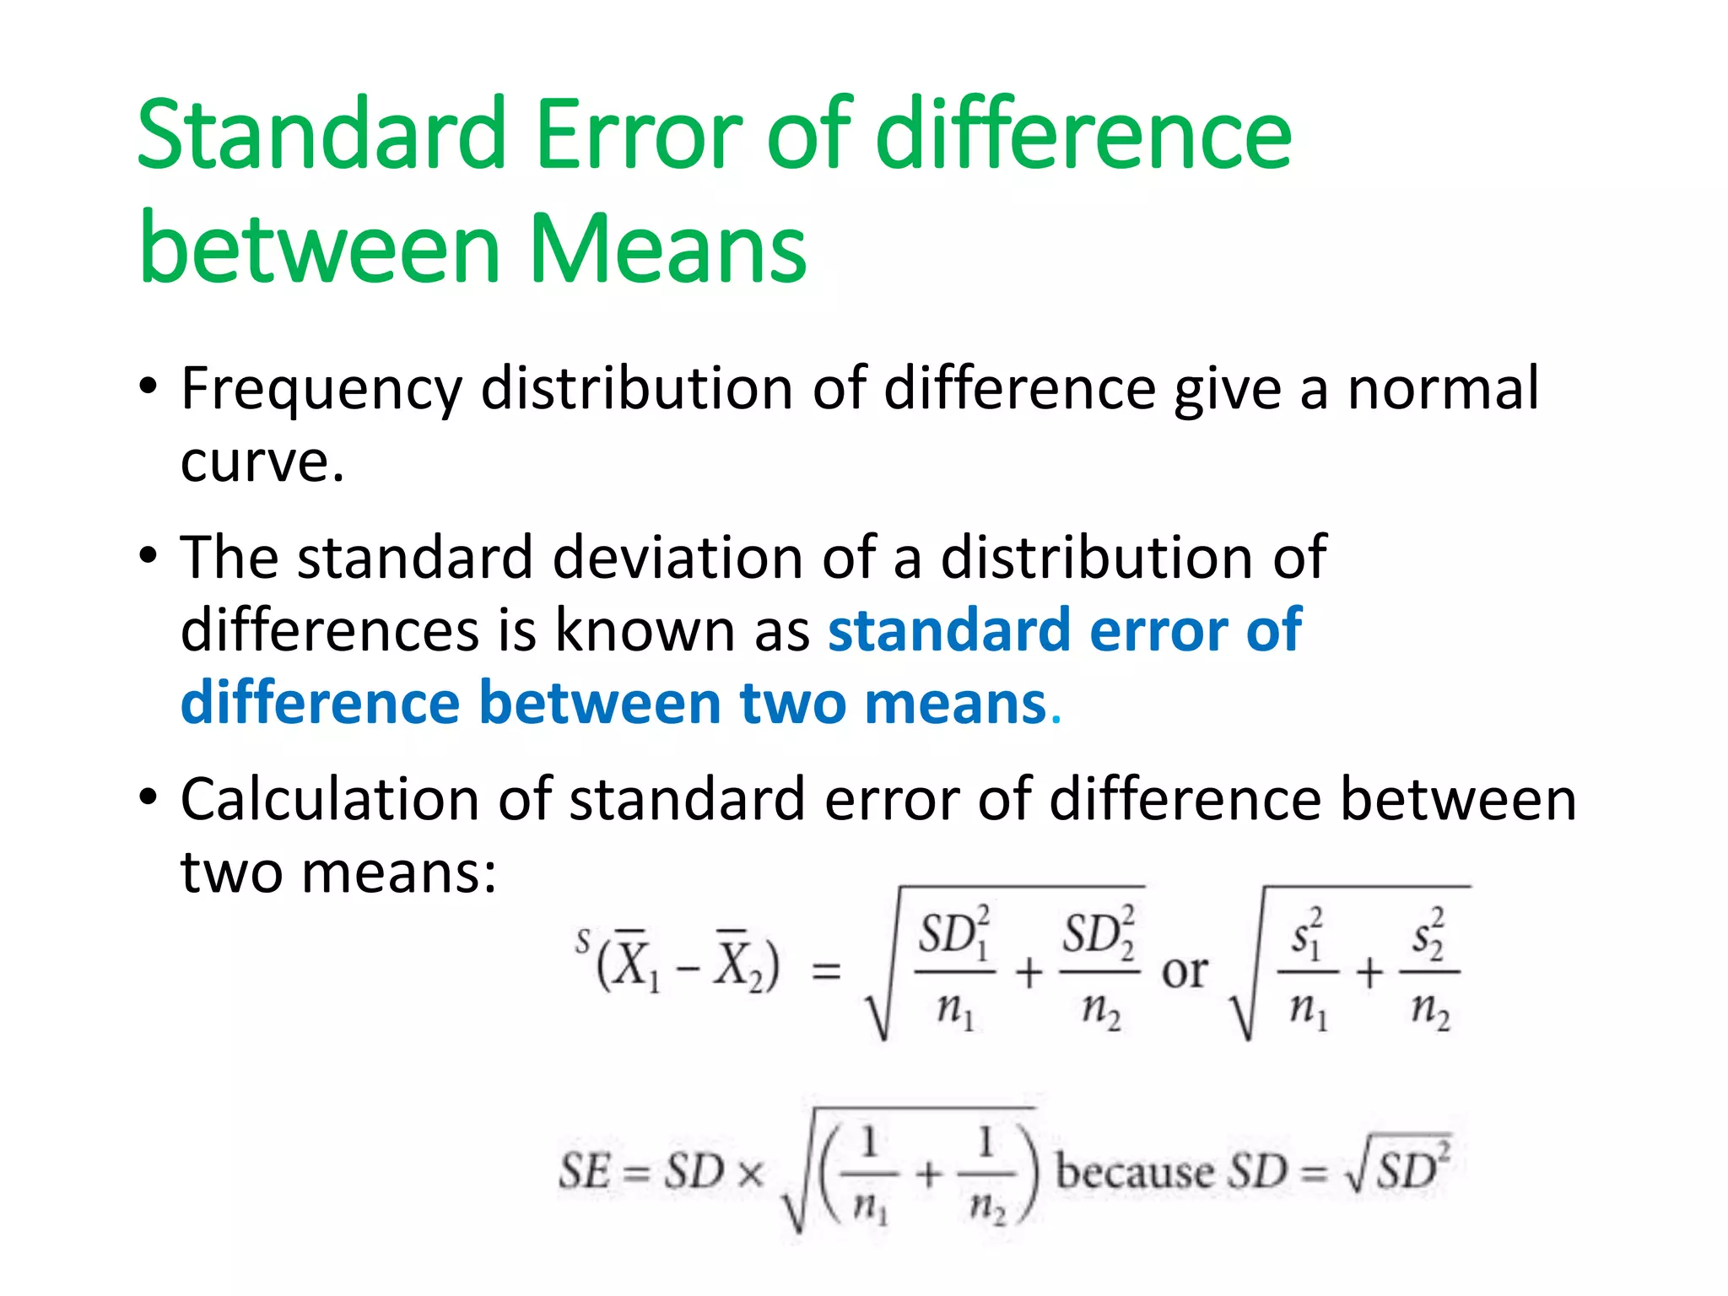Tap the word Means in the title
pos(667,249)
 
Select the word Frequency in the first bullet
pos(321,390)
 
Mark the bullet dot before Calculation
pos(148,798)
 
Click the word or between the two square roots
pos(1184,972)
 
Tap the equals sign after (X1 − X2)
pos(826,972)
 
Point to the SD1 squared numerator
pos(954,935)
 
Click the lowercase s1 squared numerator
pos(1307,935)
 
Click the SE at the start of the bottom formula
pos(584,1172)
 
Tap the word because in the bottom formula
pos(1136,1172)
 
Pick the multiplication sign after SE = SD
pos(750,1174)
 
